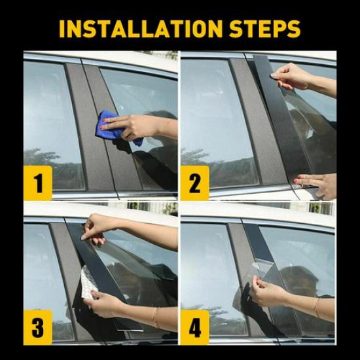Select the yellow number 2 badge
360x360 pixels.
pos(194,182)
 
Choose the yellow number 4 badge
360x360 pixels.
pos(194,325)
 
